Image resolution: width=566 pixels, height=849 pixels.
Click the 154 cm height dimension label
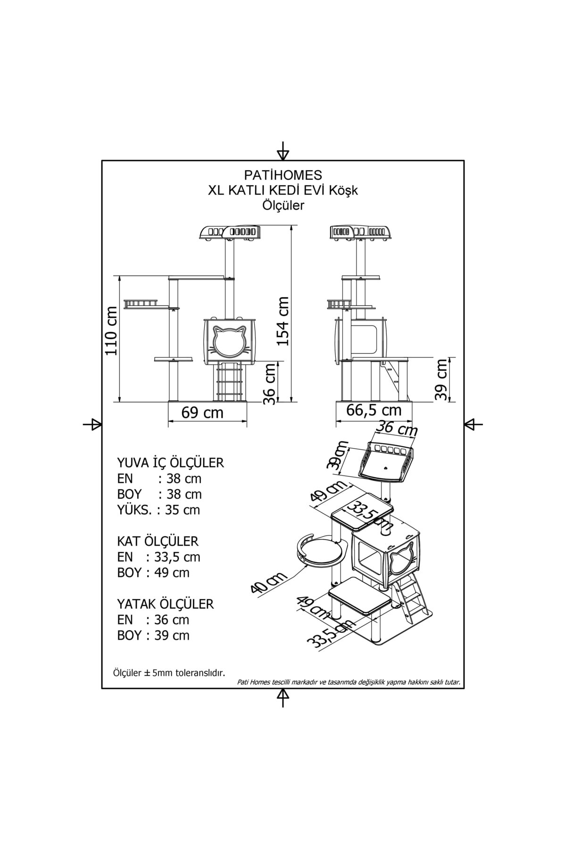pyautogui.click(x=283, y=321)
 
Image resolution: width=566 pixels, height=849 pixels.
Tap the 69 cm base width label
pyautogui.click(x=202, y=413)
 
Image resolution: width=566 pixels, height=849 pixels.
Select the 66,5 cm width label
pyautogui.click(x=374, y=410)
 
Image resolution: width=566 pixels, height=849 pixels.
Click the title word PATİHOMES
pyautogui.click(x=283, y=175)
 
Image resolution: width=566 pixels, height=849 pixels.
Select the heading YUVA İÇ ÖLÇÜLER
pyautogui.click(x=170, y=463)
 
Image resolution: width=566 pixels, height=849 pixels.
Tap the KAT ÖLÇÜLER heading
pyautogui.click(x=158, y=541)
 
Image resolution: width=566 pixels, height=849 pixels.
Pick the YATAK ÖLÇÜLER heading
pyautogui.click(x=165, y=604)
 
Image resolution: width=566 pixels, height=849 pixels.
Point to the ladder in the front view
pyautogui.click(x=229, y=382)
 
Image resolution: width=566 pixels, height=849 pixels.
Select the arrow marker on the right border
pyautogui.click(x=472, y=424)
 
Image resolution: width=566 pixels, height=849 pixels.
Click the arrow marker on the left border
pyautogui.click(x=93, y=424)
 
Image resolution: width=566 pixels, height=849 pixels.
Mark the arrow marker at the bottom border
pyautogui.click(x=283, y=697)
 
